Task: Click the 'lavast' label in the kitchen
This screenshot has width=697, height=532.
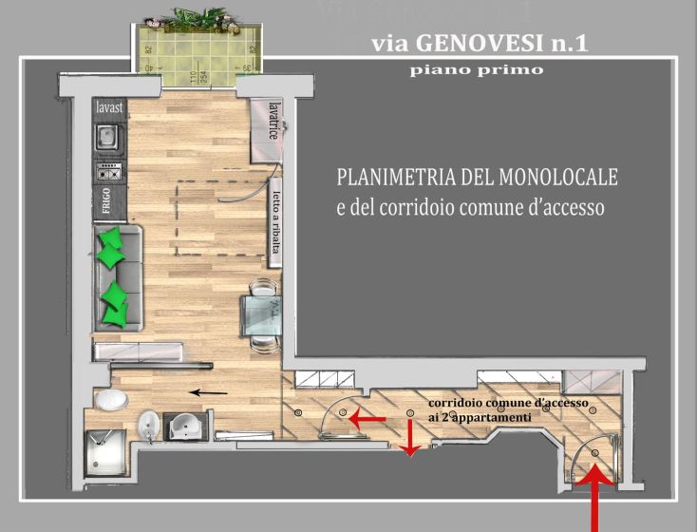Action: coord(110,108)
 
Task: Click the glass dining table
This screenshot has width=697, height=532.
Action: coord(258,312)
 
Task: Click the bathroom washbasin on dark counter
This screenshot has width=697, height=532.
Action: coord(184,426)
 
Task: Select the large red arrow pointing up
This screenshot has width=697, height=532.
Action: coord(595,503)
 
